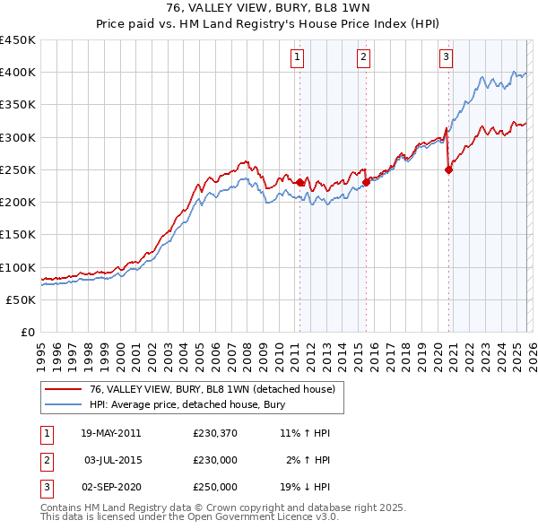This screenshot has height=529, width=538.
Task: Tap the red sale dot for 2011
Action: [299, 182]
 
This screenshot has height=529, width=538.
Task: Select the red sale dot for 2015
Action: [366, 182]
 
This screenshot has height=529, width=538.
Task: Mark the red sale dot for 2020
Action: [448, 169]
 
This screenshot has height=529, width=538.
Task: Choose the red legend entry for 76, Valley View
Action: [212, 389]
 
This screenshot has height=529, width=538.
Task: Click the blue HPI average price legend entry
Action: [187, 404]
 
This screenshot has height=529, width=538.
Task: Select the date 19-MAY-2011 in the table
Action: [110, 433]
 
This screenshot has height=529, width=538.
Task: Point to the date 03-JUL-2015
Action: [110, 460]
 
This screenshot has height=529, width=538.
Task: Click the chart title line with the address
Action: [269, 9]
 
